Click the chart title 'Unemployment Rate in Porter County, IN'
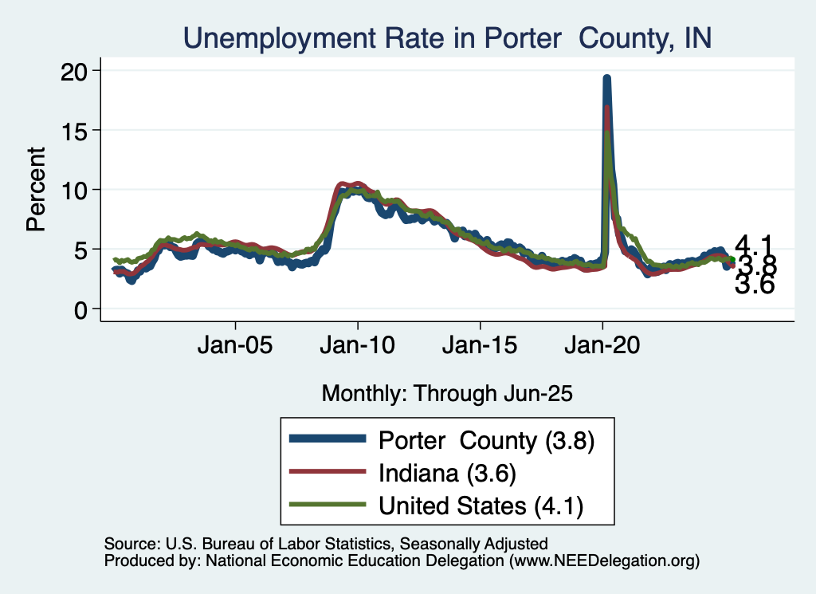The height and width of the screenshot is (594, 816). tap(446, 37)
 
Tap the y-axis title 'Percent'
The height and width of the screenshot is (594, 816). tap(36, 189)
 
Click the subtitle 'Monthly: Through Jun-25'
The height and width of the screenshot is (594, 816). tap(447, 393)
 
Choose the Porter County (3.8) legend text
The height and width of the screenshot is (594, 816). tap(487, 440)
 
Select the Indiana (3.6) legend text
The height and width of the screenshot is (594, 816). tap(449, 473)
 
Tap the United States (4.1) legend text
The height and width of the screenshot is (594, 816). tap(484, 505)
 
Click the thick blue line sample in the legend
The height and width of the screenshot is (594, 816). tap(328, 439)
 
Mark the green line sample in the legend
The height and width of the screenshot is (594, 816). tap(328, 505)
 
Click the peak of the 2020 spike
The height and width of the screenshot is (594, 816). tap(606, 78)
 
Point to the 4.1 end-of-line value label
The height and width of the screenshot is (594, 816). tap(753, 245)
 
